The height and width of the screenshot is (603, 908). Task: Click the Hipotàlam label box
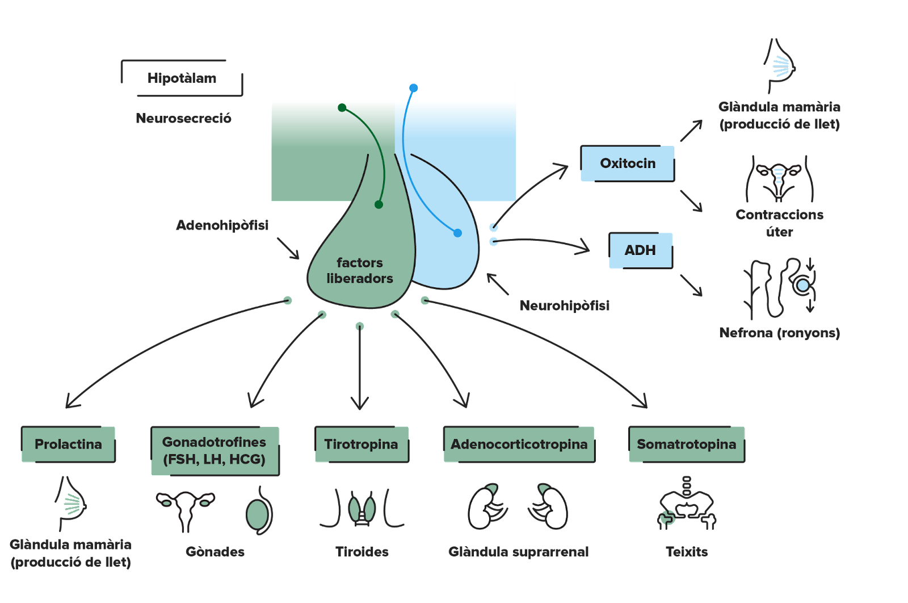(x=182, y=78)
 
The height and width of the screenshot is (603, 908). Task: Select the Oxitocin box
(x=627, y=164)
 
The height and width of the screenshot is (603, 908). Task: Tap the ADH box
(x=640, y=250)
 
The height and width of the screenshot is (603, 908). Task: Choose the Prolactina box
(x=68, y=444)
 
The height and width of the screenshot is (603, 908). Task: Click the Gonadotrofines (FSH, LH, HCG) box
(x=215, y=451)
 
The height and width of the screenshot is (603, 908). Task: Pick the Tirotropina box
(x=361, y=444)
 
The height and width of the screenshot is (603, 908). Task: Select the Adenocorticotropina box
(x=519, y=444)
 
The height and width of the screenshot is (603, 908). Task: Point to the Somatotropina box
(x=686, y=444)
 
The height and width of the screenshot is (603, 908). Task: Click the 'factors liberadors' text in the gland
(x=360, y=270)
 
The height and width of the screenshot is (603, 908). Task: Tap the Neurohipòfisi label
(x=565, y=305)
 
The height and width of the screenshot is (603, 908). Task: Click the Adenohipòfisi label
(x=222, y=225)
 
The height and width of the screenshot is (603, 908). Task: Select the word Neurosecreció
(x=183, y=118)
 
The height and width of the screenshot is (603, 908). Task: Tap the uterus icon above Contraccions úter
(x=779, y=177)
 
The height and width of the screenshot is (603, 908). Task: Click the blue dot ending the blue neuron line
(x=457, y=233)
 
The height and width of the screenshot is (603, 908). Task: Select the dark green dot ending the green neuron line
(x=379, y=204)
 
